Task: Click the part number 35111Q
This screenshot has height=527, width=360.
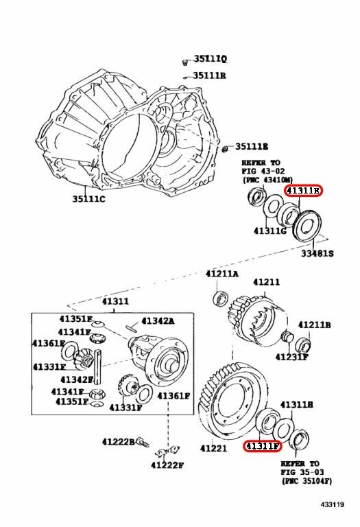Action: (210, 60)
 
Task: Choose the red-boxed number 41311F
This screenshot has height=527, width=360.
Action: (263, 445)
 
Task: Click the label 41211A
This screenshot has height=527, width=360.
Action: (222, 274)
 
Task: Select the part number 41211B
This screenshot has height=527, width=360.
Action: (314, 324)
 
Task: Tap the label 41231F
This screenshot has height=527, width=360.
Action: (292, 357)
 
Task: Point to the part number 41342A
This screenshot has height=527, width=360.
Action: (158, 320)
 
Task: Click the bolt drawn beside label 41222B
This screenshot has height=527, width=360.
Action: (143, 442)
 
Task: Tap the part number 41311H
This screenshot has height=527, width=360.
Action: (297, 405)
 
